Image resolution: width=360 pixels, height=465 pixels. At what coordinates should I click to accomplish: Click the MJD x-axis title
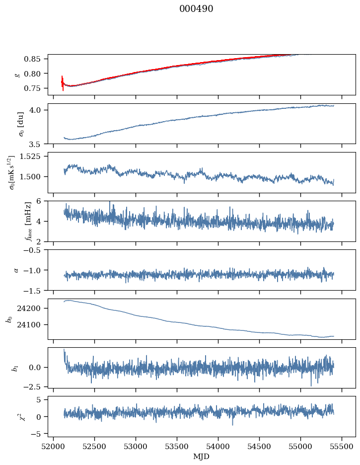point(201,457)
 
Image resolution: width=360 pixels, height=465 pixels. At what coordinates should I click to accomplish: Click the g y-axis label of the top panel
point(17,75)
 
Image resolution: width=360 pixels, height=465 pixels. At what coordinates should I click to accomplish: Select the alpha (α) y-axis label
point(17,270)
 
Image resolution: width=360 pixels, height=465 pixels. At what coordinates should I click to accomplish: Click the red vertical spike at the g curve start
point(63,83)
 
